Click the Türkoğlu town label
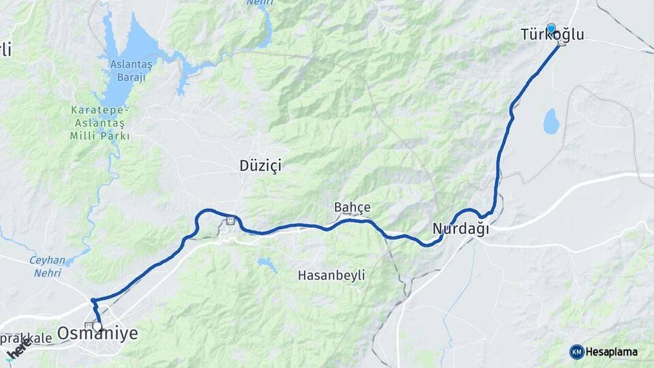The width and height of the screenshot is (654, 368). pyautogui.click(x=552, y=35)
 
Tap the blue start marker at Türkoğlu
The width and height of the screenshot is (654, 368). pyautogui.click(x=551, y=28)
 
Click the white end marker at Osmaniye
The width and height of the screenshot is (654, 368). pyautogui.click(x=97, y=326)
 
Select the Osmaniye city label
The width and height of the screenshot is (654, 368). pyautogui.click(x=98, y=333)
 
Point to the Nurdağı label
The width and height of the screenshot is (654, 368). pyautogui.click(x=461, y=230)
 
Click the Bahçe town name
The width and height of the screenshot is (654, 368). pyautogui.click(x=352, y=207)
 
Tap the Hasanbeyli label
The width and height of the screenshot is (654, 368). pyautogui.click(x=332, y=275)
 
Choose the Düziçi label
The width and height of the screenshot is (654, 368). pyautogui.click(x=260, y=166)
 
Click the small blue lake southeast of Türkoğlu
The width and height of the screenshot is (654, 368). pyautogui.click(x=551, y=121)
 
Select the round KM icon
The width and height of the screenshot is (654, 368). pyautogui.click(x=577, y=352)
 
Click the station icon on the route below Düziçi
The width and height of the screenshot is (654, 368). pyautogui.click(x=231, y=220)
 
